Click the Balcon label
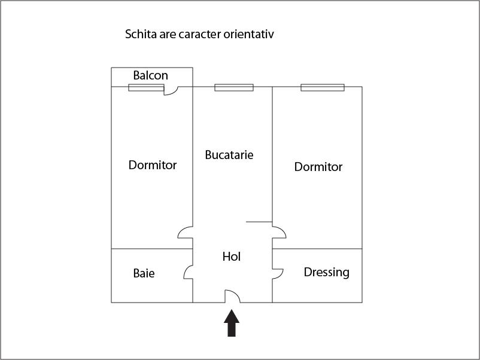[x=151, y=75]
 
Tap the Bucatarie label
[x=229, y=155]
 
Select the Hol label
[x=232, y=257]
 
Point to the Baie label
[x=144, y=273]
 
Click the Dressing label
[x=327, y=272]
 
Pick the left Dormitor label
[x=153, y=165]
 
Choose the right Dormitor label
[x=318, y=167]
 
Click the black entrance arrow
[x=232, y=323]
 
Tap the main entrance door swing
[x=233, y=296]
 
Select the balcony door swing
[x=171, y=91]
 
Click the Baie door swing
[x=189, y=272]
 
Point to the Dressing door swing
[x=278, y=274]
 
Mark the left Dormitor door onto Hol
[x=185, y=232]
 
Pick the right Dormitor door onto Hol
[x=279, y=232]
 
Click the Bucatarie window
[x=234, y=87]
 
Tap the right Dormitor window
[x=323, y=87]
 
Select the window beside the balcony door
[x=146, y=87]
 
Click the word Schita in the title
[x=141, y=34]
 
